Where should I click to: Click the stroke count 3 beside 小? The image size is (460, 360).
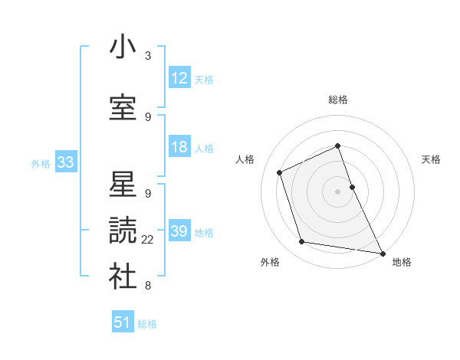pos(148,56)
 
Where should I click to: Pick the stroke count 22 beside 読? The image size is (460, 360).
pos(148,240)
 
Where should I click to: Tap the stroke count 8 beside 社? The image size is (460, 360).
pos(148,286)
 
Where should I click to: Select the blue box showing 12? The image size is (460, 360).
pos(179,78)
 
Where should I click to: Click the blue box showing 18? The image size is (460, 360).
pos(179,147)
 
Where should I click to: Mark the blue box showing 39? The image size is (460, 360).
pos(179,231)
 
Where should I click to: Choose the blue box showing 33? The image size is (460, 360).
pos(65,162)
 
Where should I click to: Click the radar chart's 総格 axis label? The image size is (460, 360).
pos(338,100)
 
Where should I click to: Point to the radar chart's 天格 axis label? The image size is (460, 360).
pos(432,159)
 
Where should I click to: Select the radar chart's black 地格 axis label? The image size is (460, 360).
pos(402,262)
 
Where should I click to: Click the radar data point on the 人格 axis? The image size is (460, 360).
pos(280,172)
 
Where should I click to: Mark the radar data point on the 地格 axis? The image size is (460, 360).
pos(382,253)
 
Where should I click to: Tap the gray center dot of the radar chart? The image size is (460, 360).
pos(338,191)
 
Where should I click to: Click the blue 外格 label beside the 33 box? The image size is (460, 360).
pos(41,163)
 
